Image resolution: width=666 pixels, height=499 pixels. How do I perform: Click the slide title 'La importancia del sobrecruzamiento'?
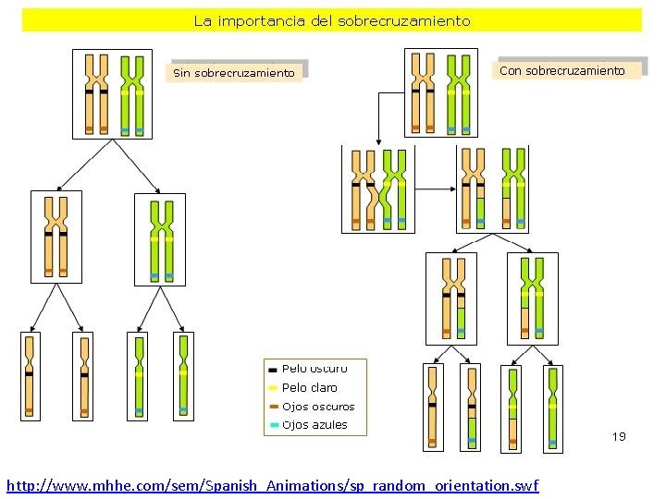coord(332,20)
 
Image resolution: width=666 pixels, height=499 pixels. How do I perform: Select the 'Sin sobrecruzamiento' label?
coord(235,72)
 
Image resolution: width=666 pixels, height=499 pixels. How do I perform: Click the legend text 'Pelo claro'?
coord(309,388)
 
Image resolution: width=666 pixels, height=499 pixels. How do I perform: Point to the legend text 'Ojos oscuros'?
coord(317,407)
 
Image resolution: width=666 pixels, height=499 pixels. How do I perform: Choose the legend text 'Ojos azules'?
coord(314,425)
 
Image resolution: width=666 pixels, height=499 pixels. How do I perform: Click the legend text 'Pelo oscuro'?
coord(314,369)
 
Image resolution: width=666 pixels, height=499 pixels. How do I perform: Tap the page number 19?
coord(619,436)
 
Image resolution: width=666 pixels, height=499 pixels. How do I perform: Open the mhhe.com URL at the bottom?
coord(272,485)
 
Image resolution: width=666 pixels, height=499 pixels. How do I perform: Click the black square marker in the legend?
coord(273,370)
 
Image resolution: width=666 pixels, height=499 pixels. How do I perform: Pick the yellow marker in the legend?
coord(273,388)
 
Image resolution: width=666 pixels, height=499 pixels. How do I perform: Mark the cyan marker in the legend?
coord(273,425)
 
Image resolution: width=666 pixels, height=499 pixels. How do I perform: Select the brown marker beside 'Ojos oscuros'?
coord(273,407)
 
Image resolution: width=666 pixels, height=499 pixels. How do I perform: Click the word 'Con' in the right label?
coord(511,70)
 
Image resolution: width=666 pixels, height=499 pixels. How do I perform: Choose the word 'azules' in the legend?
coord(330,425)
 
